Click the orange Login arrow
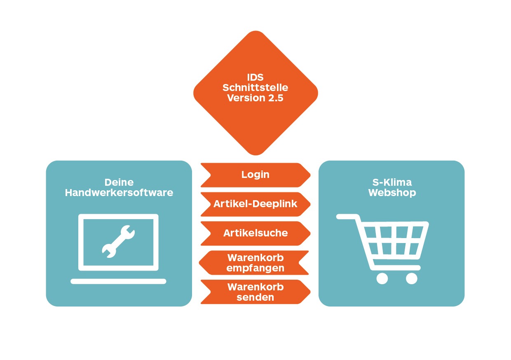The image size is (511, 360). pyautogui.click(x=255, y=175)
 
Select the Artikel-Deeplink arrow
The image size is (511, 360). pyautogui.click(x=255, y=204)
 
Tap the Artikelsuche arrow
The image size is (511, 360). pyautogui.click(x=255, y=233)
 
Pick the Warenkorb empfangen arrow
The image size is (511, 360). pyautogui.click(x=255, y=263)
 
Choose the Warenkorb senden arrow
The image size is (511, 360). pyautogui.click(x=255, y=292)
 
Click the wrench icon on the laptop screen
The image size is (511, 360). pyautogui.click(x=118, y=241)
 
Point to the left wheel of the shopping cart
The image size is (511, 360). pyautogui.click(x=382, y=278)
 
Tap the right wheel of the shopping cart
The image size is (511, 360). pyautogui.click(x=411, y=278)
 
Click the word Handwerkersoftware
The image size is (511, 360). pyautogui.click(x=119, y=192)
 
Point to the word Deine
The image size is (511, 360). pyautogui.click(x=119, y=182)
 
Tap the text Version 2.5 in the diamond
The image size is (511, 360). pyautogui.click(x=255, y=98)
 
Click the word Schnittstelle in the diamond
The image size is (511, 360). pyautogui.click(x=255, y=88)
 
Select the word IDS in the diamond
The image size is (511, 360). pyautogui.click(x=255, y=77)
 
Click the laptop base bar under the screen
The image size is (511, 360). pyautogui.click(x=118, y=281)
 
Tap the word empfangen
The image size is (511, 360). pyautogui.click(x=255, y=268)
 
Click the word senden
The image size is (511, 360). pyautogui.click(x=255, y=297)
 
